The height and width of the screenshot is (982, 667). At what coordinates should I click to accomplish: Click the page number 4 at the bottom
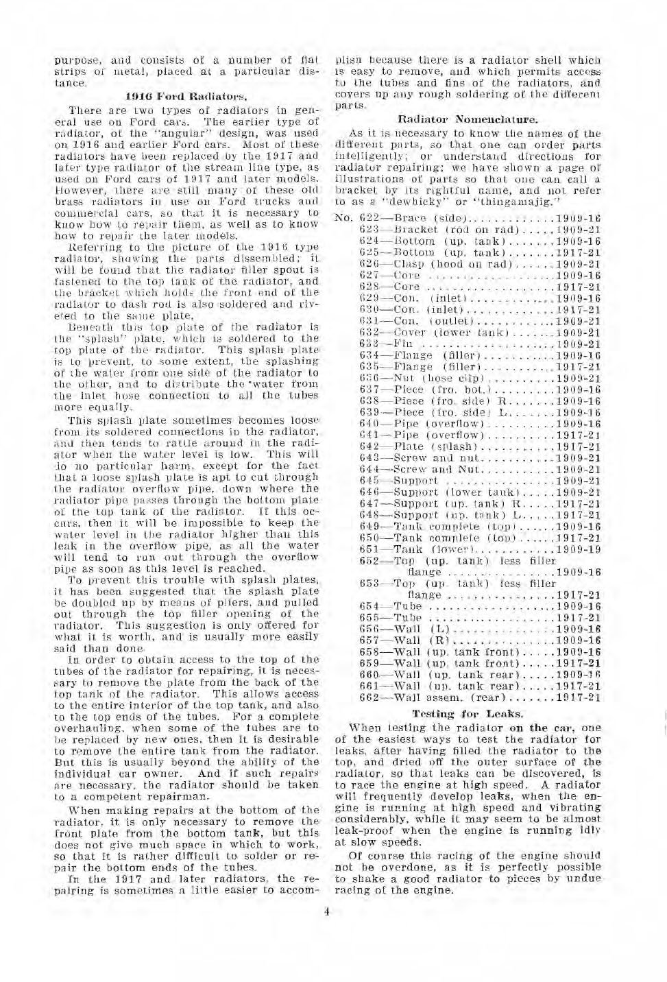pyautogui.click(x=328, y=911)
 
